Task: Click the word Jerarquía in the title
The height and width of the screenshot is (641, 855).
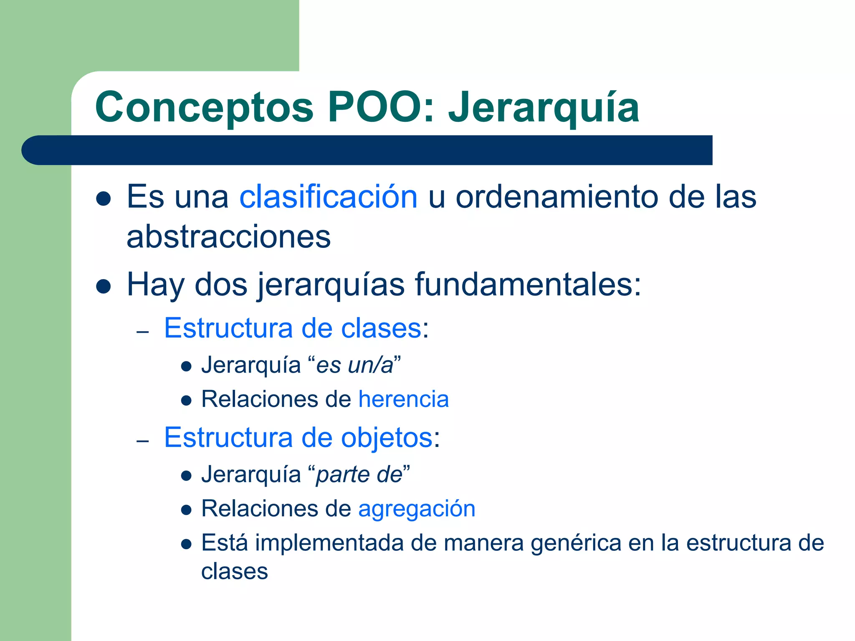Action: pos(544,108)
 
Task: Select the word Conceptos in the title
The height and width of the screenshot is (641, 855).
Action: pos(204,108)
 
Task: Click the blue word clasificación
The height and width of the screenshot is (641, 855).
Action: pos(328,197)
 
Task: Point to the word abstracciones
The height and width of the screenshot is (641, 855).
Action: pos(228,237)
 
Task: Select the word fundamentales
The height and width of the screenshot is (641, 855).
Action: pos(528,285)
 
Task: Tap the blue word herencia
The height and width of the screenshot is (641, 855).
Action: pos(403,399)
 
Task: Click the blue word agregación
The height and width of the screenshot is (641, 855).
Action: pos(417,509)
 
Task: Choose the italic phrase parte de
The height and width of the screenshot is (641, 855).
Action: pos(359,475)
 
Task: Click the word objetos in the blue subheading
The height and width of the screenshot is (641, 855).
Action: pos(387,438)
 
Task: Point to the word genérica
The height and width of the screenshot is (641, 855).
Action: pos(576,543)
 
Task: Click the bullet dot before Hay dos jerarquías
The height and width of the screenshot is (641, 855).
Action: pos(103,287)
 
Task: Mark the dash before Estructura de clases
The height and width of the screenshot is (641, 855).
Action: pos(143,332)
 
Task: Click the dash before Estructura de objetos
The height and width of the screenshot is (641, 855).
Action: pos(143,442)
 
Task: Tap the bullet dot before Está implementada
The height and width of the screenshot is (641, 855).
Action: pos(186,545)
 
